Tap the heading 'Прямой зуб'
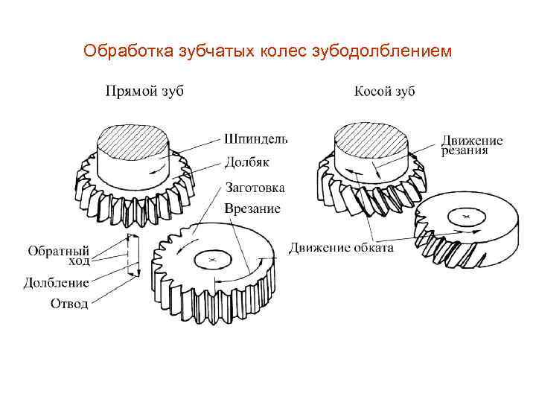(144, 92)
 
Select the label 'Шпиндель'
(256, 138)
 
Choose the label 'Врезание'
(252, 208)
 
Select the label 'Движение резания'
(471, 145)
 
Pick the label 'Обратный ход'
(59, 255)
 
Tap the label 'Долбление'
(57, 282)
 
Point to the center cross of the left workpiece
(213, 260)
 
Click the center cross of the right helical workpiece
(465, 217)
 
